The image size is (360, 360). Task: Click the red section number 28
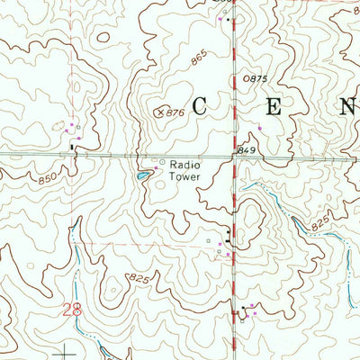coord(71,310)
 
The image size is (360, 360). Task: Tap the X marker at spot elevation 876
coord(160,112)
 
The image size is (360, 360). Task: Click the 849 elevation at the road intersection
coord(248,148)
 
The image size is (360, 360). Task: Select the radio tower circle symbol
coord(162,163)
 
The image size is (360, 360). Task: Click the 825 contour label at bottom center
coord(138,279)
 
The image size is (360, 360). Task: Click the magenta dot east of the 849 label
coord(260,128)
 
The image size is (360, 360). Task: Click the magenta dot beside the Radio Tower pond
coord(154,167)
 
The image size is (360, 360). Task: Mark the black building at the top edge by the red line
coord(229,19)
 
